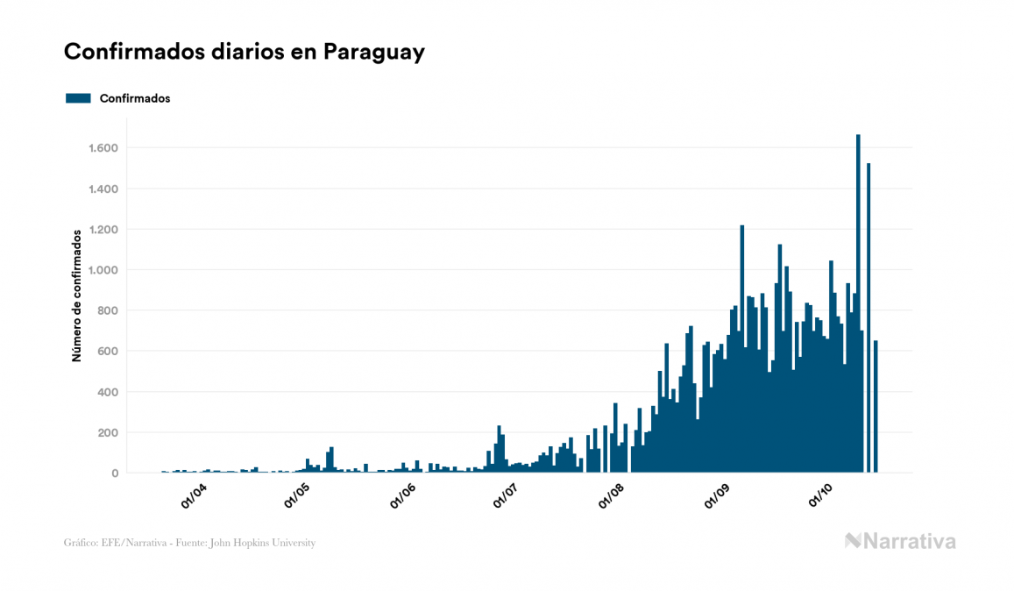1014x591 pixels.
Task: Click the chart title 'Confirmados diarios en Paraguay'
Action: tap(245, 52)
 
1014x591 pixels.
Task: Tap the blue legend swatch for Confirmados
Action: tap(78, 98)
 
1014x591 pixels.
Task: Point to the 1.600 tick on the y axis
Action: tap(103, 148)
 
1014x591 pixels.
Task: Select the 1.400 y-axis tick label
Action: tap(103, 189)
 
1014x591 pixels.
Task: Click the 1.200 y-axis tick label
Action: tap(103, 230)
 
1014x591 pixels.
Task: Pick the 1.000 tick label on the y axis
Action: tap(103, 270)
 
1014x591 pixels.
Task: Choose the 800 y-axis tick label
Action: tap(108, 310)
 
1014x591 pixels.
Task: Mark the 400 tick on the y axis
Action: tap(108, 392)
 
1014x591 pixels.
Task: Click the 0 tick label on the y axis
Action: tap(114, 474)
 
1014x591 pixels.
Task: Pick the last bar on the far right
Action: tap(876, 407)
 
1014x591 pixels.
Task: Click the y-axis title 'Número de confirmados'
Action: tap(77, 296)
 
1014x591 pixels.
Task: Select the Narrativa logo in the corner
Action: tap(900, 541)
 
